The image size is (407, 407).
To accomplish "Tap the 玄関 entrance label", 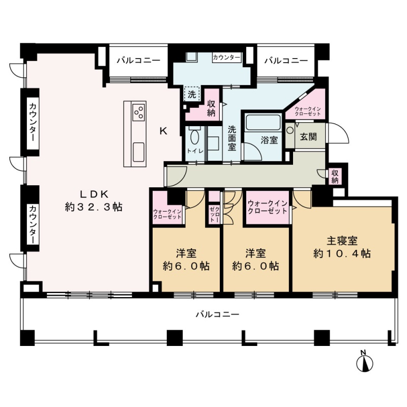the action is tap(309, 136).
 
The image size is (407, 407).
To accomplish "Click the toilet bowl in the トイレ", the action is tap(194, 137).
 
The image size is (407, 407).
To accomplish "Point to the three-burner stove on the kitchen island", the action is tap(139, 112).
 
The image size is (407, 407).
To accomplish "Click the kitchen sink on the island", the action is tap(138, 152).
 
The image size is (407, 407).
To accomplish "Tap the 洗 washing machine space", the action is tap(192, 94).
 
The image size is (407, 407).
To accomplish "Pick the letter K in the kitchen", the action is tap(163, 131).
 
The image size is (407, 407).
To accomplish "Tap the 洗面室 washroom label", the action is tap(232, 138).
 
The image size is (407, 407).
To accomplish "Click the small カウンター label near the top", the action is tap(226, 57).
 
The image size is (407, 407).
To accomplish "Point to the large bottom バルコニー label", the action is tap(218, 314).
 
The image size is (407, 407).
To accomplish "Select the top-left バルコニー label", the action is tap(138, 61).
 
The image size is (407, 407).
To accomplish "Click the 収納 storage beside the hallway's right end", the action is tap(335, 177).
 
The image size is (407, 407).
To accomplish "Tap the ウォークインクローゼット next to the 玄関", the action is tap(308, 111).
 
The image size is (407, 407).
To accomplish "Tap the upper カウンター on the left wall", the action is tap(33, 122).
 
